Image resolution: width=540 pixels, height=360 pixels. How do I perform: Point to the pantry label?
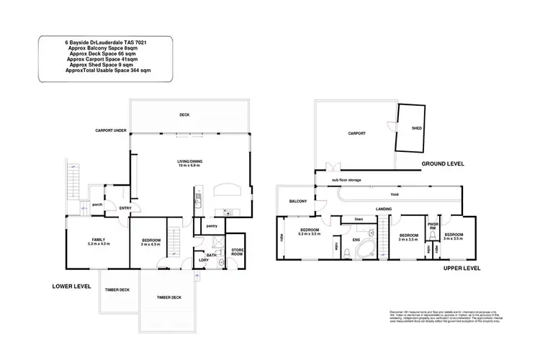[212, 225]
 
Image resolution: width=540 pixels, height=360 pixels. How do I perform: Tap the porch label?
[96, 203]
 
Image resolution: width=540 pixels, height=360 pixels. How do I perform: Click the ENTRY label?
[125, 209]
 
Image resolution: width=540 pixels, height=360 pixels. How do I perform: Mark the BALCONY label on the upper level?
[298, 202]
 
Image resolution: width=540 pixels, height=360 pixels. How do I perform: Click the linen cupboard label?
[357, 219]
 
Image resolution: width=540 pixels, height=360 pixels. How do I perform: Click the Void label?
[395, 194]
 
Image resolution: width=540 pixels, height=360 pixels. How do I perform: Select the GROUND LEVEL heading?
[442, 164]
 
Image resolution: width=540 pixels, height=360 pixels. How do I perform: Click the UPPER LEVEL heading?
[462, 267]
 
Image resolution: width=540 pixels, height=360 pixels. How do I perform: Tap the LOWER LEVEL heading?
[71, 286]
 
